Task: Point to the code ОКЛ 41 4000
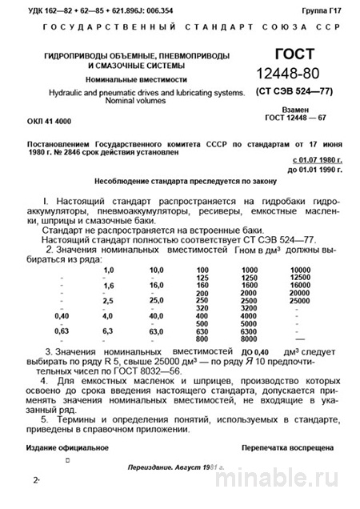tap(54, 119)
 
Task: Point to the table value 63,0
tap(156, 331)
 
